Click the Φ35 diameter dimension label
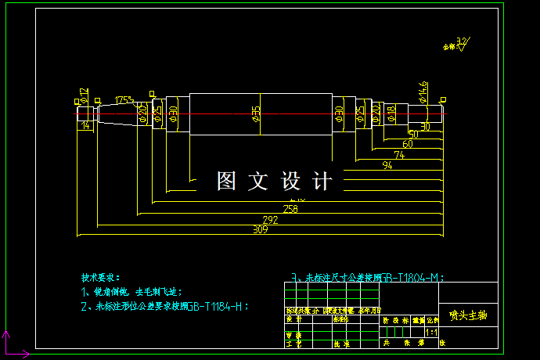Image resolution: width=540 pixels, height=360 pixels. pos(256,114)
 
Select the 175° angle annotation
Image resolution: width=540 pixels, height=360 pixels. pos(124,100)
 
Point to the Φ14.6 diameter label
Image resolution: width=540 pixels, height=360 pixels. pos(423,91)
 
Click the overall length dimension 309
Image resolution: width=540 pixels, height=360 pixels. pos(261,230)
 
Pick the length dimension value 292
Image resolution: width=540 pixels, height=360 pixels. pos(270,220)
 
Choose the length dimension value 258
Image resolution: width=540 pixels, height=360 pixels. pos(290,209)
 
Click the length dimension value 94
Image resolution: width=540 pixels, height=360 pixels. pos(387,166)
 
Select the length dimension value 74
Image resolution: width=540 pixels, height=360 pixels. pos(399,156)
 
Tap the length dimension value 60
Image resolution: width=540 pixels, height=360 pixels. pos(408,145)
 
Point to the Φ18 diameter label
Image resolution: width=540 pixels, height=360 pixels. pos(391,114)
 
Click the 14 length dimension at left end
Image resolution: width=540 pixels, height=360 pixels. pos(85,125)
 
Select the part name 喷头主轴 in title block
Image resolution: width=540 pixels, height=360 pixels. pos(468,315)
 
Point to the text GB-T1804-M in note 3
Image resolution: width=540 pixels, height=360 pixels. pos(412,277)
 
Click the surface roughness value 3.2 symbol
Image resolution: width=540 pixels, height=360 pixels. pos(462,41)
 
